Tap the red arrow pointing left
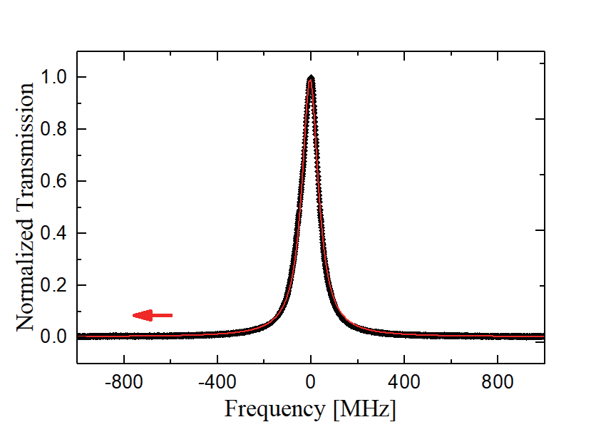[153, 315]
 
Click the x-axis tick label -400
[217, 383]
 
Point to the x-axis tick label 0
[311, 383]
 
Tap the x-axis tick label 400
[404, 383]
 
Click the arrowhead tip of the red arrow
[134, 315]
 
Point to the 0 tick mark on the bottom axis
[311, 361]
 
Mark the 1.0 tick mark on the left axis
[80, 77]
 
